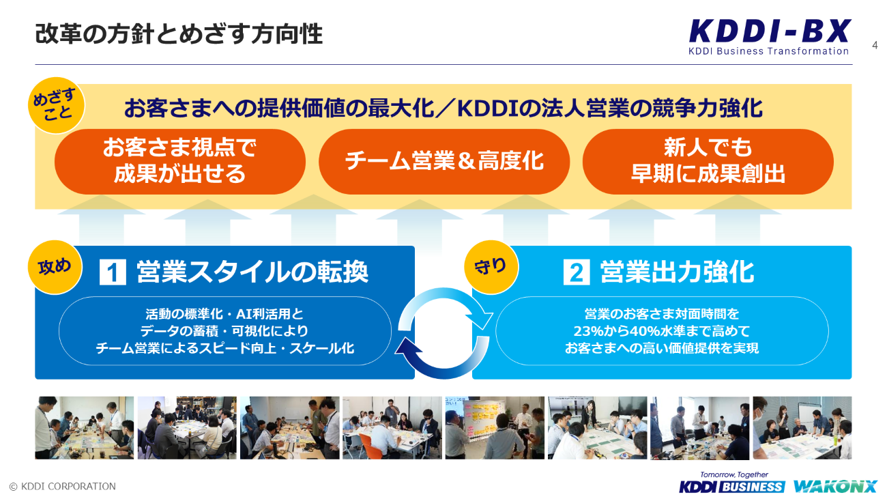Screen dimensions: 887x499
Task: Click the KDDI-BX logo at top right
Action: coord(770,37)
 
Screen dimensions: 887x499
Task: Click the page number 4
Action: coord(875,45)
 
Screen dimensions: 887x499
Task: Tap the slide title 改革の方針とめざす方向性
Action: coord(179,33)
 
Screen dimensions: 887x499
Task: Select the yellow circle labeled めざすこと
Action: coord(56,105)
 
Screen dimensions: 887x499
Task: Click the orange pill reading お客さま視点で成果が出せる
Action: coord(179,161)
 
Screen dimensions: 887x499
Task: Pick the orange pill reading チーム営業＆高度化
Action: coord(444,161)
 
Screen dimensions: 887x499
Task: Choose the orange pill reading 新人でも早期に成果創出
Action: coord(708,161)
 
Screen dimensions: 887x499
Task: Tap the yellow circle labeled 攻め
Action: coord(55,268)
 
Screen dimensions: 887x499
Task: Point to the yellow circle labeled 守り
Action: coord(491,268)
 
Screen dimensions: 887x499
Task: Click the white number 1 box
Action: coord(113,272)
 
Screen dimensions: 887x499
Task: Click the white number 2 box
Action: coord(576,272)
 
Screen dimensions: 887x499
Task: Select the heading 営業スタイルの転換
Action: coord(252,272)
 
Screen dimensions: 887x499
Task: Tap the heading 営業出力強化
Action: coord(677,272)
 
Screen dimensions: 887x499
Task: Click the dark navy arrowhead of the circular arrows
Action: coord(407,350)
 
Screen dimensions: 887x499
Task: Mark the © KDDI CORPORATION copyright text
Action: coord(63,486)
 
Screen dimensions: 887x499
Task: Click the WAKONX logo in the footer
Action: coord(836,486)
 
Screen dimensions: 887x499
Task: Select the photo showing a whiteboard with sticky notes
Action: coord(495,428)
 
